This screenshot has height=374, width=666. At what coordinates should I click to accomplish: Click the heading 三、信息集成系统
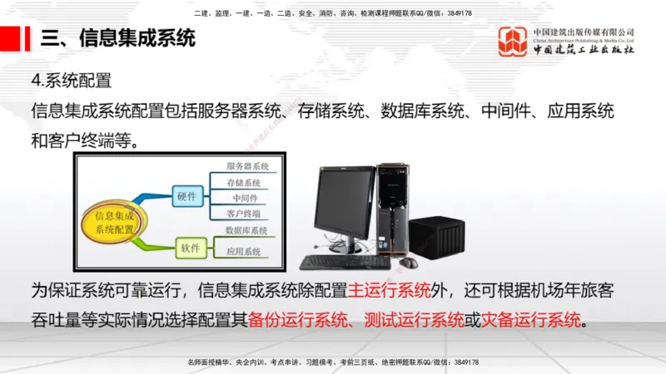(117, 38)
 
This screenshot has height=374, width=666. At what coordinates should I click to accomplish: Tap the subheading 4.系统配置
(71, 81)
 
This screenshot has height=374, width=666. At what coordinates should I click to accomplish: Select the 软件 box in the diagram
(191, 248)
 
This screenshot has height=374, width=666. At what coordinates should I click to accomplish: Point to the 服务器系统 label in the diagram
(247, 167)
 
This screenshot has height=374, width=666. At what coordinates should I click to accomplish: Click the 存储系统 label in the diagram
(244, 183)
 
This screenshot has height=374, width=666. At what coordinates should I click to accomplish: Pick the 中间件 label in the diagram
(245, 199)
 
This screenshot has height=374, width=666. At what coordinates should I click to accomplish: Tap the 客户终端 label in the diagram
(244, 214)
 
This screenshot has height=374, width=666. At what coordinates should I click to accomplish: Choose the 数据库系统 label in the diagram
(246, 230)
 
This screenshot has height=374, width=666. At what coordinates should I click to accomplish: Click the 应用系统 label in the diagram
(244, 251)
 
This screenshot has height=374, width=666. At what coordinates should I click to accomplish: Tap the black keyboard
(344, 262)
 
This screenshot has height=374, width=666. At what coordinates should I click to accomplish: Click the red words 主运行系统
(390, 291)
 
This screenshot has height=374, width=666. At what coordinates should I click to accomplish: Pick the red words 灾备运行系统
(532, 319)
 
